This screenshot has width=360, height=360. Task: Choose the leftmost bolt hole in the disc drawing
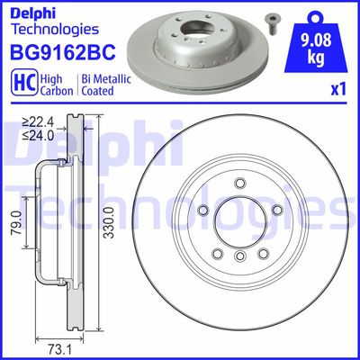203,210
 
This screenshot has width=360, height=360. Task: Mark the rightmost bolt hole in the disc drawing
278,210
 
